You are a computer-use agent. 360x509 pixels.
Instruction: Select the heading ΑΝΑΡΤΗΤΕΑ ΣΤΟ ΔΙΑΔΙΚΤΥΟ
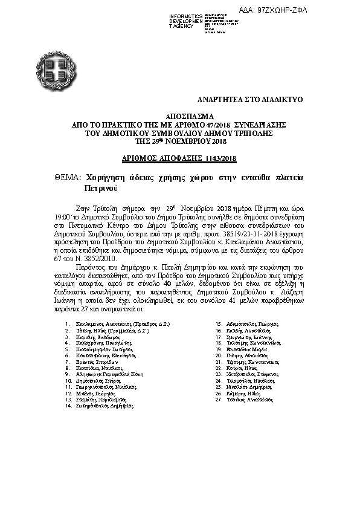point(251,98)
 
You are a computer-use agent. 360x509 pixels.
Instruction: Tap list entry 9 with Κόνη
point(108,375)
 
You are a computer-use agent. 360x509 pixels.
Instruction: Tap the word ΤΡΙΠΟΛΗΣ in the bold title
point(266,132)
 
